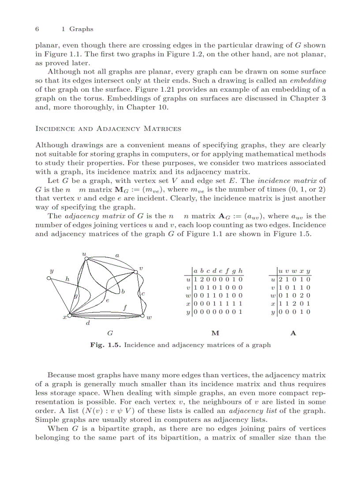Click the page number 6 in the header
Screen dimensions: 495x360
(x=37, y=29)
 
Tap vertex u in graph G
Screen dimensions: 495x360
(x=86, y=259)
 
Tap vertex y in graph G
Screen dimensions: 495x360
(x=49, y=278)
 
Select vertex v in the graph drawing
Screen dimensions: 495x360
(x=136, y=272)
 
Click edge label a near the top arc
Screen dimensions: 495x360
(x=116, y=255)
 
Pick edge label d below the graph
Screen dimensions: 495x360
(x=88, y=324)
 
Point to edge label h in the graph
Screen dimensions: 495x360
(x=67, y=279)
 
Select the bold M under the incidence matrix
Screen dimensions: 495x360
(x=215, y=333)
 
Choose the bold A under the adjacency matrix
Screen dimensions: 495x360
(x=293, y=333)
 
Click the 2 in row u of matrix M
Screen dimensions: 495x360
(x=202, y=279)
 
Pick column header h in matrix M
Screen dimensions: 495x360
(x=240, y=271)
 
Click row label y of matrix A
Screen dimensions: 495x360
(x=274, y=312)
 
